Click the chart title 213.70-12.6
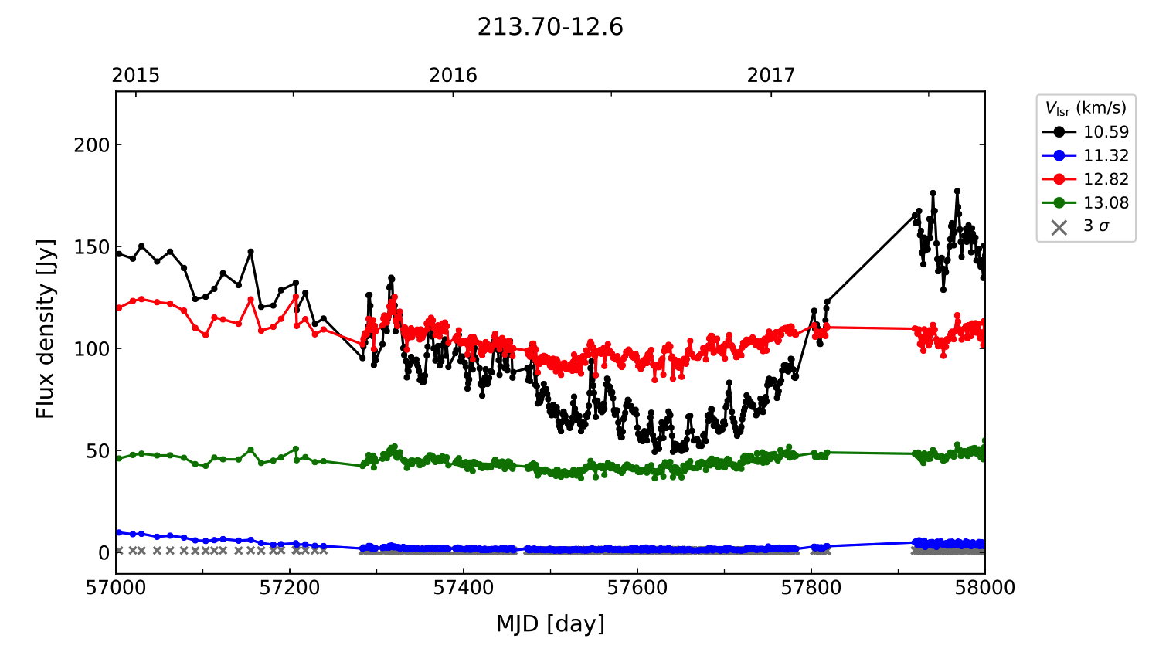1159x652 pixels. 550,27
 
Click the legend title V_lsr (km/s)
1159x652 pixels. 1086,108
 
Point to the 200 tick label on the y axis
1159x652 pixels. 92,144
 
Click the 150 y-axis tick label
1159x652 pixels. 92,246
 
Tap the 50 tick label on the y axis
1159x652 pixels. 97,451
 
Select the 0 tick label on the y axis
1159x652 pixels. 104,553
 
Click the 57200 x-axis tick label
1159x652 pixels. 290,588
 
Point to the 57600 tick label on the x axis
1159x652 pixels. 637,588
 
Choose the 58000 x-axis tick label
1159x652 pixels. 984,588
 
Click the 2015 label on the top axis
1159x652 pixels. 136,75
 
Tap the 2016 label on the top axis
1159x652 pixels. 454,75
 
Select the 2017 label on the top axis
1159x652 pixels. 771,75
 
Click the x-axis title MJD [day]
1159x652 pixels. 550,623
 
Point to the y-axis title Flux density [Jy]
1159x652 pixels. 46,328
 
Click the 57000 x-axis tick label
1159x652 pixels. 116,588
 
